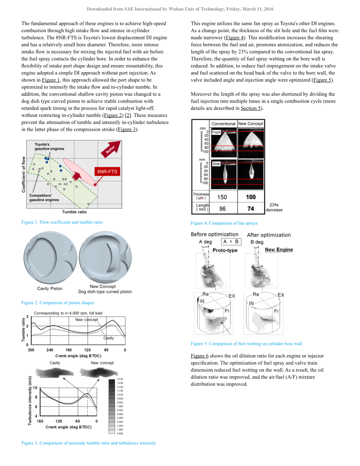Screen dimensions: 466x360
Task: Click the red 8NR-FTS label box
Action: coord(107,171)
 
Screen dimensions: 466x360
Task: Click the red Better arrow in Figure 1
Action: coord(112,148)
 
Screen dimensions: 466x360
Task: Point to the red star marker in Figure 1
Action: coord(95,185)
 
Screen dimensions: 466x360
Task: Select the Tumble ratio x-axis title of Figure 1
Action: coord(74,212)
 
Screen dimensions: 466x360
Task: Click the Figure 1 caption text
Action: coord(62,222)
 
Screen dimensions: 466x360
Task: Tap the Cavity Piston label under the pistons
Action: coord(50,289)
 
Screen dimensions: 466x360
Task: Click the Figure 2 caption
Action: coord(57,303)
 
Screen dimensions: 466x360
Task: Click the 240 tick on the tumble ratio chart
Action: coord(50,350)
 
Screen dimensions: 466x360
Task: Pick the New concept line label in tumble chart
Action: coord(87,320)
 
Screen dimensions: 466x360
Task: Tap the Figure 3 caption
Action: coord(88,443)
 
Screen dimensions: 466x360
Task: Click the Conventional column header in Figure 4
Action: coord(223,124)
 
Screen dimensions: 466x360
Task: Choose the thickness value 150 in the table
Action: coord(222,197)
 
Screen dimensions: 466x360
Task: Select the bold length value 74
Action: coord(251,208)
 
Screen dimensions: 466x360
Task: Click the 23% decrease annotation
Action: coord(274,207)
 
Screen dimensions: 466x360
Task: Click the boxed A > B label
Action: coord(231,242)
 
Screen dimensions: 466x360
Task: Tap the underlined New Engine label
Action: coord(279,250)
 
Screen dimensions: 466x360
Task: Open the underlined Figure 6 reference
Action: coord(200,356)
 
